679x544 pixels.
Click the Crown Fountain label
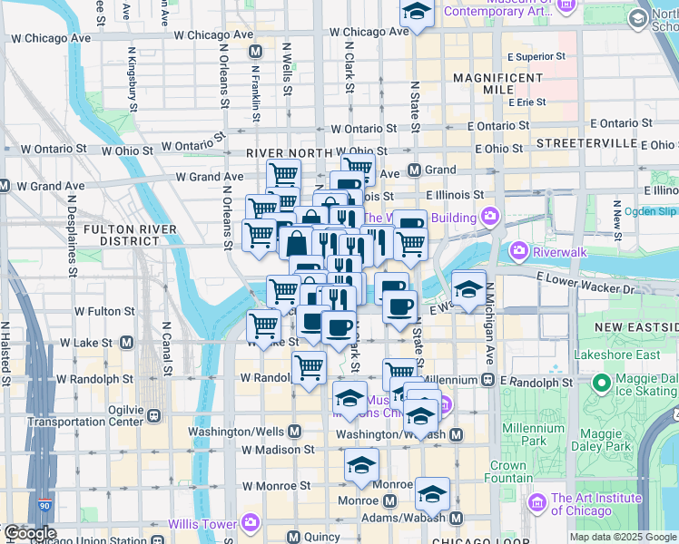(507, 471)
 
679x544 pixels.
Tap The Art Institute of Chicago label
(595, 504)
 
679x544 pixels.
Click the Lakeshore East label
(615, 355)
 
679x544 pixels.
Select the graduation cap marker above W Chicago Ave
(417, 13)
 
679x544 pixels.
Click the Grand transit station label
(440, 170)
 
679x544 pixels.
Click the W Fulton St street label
(105, 311)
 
